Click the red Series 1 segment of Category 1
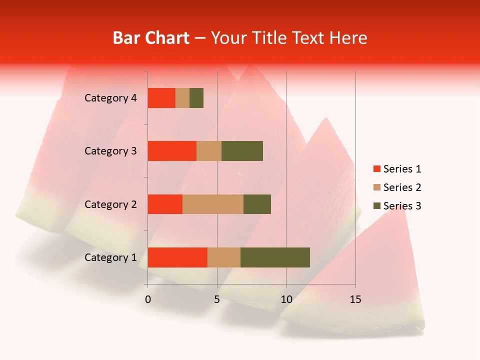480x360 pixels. tap(177, 257)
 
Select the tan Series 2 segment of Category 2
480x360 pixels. tap(213, 204)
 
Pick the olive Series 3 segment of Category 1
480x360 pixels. tap(275, 257)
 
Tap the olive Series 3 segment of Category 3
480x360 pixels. tap(242, 151)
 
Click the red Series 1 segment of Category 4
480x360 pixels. tap(161, 98)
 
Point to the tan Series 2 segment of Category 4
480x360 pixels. tap(182, 98)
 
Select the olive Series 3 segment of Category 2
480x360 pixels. tap(257, 204)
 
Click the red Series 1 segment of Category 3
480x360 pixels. tap(172, 151)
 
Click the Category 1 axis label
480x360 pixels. tap(110, 257)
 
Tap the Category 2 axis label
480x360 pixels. tap(110, 204)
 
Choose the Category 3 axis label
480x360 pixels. tap(110, 151)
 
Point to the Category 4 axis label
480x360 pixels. tap(110, 98)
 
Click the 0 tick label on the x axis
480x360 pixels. tap(148, 299)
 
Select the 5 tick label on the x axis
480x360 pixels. tap(217, 299)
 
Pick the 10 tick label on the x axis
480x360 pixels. tap(286, 299)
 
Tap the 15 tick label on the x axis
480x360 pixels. tap(355, 299)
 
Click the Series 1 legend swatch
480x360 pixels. tap(376, 169)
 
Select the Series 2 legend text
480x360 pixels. tap(402, 187)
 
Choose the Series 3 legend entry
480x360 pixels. tap(397, 206)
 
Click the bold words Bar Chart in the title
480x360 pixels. tap(151, 38)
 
